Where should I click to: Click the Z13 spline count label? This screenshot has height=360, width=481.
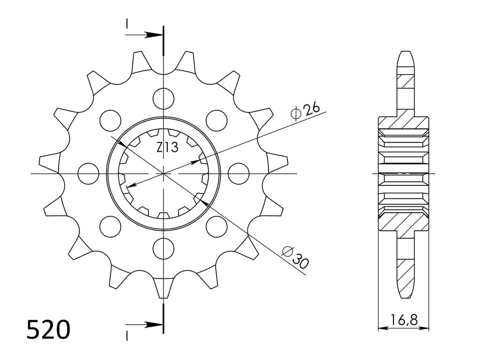[167, 148]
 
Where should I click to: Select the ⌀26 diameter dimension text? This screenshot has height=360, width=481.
[305, 111]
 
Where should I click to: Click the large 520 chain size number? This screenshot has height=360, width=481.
[48, 330]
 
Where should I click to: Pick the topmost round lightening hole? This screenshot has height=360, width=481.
[163, 98]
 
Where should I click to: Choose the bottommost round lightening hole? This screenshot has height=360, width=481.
[163, 248]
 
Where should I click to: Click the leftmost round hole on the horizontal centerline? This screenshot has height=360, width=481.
[88, 173]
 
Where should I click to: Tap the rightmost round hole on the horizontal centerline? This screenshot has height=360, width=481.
[239, 173]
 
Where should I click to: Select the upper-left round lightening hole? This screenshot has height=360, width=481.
[110, 120]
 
